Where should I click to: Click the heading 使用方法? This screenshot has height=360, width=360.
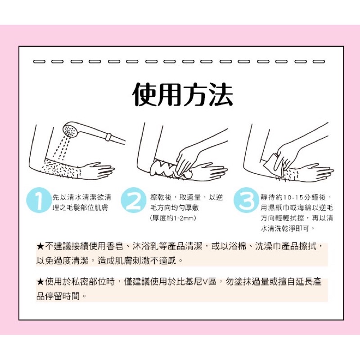click(x=183, y=94)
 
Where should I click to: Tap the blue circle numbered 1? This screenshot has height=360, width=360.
click(x=39, y=200)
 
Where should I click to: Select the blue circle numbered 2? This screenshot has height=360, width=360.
click(x=133, y=200)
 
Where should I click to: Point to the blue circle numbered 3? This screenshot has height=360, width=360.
click(x=246, y=200)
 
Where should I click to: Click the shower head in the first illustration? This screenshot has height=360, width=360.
click(x=71, y=130)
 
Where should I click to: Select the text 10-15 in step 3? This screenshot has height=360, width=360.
click(x=291, y=198)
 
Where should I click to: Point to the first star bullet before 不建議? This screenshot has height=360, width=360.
click(x=40, y=247)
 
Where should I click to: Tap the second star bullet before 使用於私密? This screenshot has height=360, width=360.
click(x=40, y=282)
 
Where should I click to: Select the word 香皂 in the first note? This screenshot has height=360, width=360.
click(x=115, y=246)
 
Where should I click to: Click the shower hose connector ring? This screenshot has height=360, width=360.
click(x=108, y=137)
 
